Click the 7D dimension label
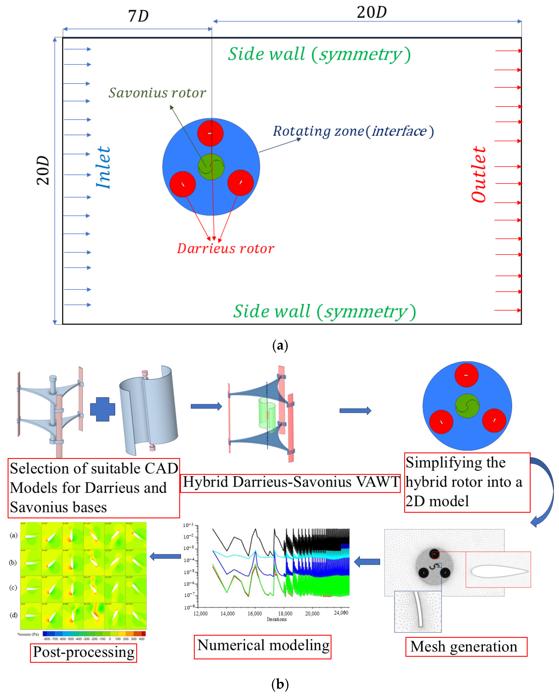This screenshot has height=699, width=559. coord(138,16)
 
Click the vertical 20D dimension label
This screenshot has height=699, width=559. coord(43,170)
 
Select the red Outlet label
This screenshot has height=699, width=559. coord(478,174)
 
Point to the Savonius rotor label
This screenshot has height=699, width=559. coord(157,93)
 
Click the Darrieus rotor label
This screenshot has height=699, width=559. coord(226,249)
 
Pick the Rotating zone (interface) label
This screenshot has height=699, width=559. coord(353,131)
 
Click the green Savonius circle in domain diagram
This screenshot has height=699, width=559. coord(211,167)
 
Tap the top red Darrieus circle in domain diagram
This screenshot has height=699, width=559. coord(210,133)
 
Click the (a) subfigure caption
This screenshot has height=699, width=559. coord(280,346)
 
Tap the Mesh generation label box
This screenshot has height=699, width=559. coord(466,647)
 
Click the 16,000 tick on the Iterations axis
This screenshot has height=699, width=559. coord(255,613)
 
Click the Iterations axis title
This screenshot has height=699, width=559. coord(277,619)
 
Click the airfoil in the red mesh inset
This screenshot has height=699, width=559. coord(499,571)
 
